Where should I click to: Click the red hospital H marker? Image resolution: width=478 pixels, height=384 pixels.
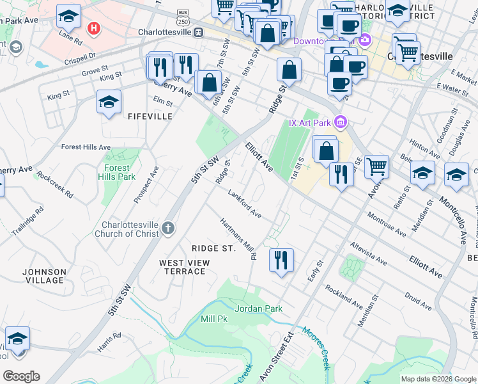(95, 29)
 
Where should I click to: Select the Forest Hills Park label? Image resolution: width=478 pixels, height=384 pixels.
(116, 172)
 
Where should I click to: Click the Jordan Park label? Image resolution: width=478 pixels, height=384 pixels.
(258, 308)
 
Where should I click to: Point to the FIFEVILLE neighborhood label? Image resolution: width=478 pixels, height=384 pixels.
(150, 116)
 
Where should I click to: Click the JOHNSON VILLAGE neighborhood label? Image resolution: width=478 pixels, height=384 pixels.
(44, 276)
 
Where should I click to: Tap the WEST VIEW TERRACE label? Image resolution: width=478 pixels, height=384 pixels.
(182, 267)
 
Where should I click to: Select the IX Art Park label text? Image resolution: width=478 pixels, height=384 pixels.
(310, 123)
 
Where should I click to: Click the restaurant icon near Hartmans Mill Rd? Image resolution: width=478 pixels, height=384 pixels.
(281, 260)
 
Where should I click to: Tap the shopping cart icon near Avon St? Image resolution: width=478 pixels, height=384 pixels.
(376, 166)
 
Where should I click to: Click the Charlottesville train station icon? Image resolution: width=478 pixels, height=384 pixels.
(199, 32)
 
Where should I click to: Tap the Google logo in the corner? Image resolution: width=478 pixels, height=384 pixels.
(21, 376)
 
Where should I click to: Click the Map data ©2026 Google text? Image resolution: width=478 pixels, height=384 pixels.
(438, 379)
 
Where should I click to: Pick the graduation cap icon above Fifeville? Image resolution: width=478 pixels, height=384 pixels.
(109, 101)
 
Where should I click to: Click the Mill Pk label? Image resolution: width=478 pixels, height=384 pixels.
(213, 318)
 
